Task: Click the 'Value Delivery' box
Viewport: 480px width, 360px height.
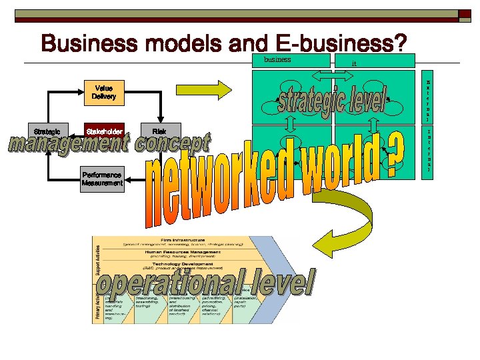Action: (x=104, y=92)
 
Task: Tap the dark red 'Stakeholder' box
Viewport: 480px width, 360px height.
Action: (x=104, y=132)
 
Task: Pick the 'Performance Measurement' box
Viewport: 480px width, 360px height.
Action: (x=102, y=179)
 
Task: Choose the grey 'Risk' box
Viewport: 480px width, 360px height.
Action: (x=159, y=132)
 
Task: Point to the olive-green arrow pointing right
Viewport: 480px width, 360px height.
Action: (x=232, y=89)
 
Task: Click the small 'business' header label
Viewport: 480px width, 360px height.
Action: (x=278, y=59)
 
